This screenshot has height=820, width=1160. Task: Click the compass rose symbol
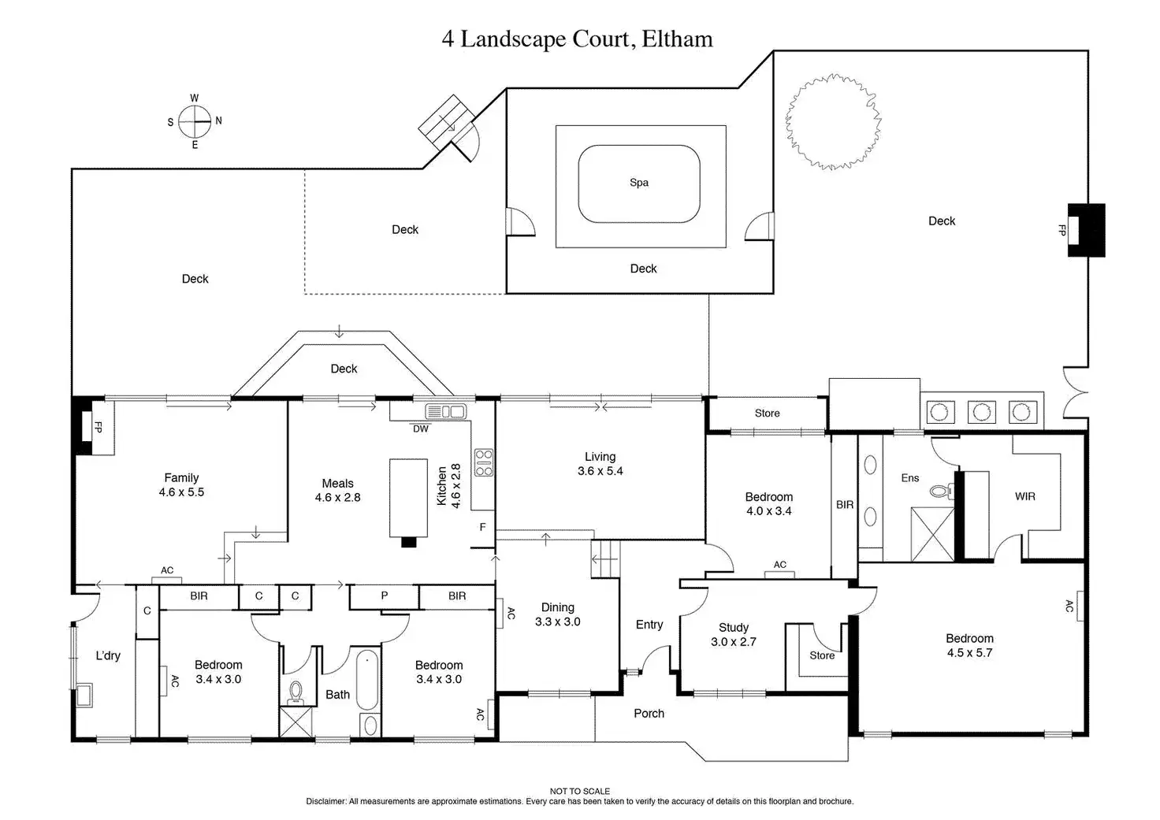pyautogui.click(x=195, y=121)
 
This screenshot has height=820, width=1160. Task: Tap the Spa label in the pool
pyautogui.click(x=639, y=183)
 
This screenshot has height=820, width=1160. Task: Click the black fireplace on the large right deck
pyautogui.click(x=1086, y=230)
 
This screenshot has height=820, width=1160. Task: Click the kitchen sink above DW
pyautogui.click(x=446, y=411)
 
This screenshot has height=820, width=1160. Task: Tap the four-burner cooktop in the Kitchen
pyautogui.click(x=483, y=463)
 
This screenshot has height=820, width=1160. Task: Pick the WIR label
pyautogui.click(x=1025, y=496)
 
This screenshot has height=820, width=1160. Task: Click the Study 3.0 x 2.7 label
pyautogui.click(x=734, y=635)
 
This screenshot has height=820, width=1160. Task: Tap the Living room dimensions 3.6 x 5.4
pyautogui.click(x=600, y=471)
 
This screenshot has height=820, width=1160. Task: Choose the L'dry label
pyautogui.click(x=108, y=655)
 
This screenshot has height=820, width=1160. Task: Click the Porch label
pyautogui.click(x=649, y=714)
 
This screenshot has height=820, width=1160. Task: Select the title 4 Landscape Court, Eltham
pyautogui.click(x=577, y=39)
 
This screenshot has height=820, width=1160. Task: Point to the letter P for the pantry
pyautogui.click(x=385, y=596)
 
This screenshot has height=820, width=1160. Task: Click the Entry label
pyautogui.click(x=649, y=625)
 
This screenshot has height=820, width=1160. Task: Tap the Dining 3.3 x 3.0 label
pyautogui.click(x=558, y=614)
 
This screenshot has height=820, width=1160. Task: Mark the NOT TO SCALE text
pyautogui.click(x=580, y=791)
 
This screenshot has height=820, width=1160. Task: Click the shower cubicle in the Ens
pyautogui.click(x=932, y=534)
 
